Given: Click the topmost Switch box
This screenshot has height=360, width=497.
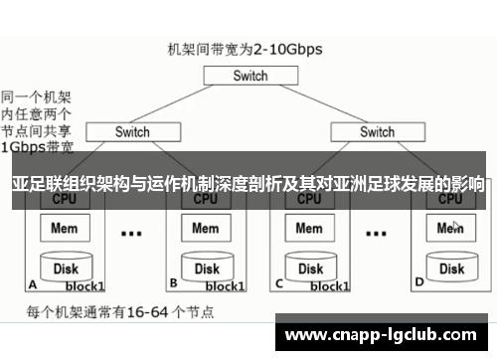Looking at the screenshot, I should point(250,76).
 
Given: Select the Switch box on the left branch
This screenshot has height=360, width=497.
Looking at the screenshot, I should point(131,131).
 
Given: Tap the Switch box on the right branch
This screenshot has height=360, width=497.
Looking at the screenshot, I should point(376,131).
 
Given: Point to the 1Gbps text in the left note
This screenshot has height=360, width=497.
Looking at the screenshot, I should point(23,145).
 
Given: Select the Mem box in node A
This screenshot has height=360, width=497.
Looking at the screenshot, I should point(66,229).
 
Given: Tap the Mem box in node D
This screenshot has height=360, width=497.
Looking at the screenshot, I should point(450,229).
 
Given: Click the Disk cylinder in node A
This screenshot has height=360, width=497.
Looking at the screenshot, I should point(66,268).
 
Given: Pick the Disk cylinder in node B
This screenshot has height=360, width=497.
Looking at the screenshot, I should point(206,268).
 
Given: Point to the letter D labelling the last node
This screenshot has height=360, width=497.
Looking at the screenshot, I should point(417,282).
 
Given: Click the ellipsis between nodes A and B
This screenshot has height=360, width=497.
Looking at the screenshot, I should point(130,235).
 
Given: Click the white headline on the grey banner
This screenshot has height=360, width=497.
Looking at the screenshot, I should point(248,185).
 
